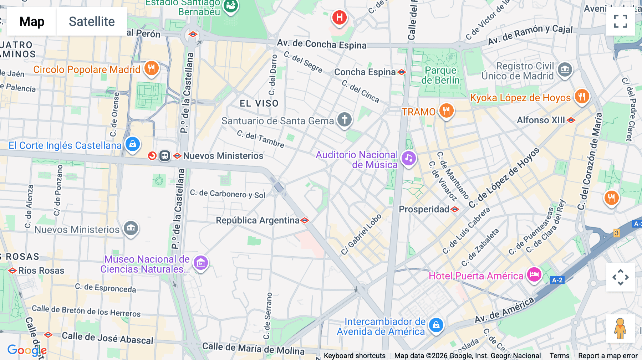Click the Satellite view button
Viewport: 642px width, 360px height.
(92, 21)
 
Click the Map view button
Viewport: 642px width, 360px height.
(32, 21)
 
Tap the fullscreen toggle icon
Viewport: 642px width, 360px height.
(620, 21)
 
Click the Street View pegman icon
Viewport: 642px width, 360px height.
(620, 328)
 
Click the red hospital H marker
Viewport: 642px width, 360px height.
(339, 17)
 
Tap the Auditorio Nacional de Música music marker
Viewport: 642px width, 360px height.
(409, 158)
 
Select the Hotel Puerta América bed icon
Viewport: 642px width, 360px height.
(534, 275)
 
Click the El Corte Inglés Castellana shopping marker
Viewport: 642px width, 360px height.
(133, 144)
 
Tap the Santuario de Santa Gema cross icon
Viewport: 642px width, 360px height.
(344, 120)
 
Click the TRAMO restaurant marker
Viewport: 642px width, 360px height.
(446, 111)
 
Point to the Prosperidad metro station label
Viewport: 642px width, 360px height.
(424, 209)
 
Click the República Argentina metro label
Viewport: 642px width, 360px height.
(258, 220)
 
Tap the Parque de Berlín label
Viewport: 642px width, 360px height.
(440, 75)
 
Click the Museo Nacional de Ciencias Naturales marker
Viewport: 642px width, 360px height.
(200, 263)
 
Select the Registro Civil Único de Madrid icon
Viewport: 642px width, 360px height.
(565, 70)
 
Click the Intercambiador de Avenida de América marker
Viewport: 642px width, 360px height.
(436, 325)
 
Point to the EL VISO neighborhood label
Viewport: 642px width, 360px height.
(259, 103)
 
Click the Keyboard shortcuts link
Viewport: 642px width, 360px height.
(355, 356)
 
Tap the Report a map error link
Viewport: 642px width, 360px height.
(608, 356)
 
